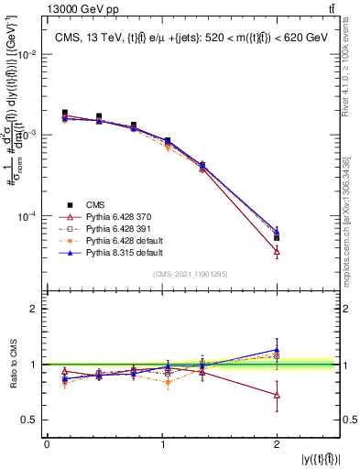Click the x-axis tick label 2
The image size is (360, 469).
[x=277, y=444]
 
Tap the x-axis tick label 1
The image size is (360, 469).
[x=162, y=444]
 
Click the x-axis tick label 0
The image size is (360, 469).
[x=47, y=444]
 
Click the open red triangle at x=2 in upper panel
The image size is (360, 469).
[x=277, y=250]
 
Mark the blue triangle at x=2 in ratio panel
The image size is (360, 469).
[x=277, y=349]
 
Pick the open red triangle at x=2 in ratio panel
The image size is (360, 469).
[x=277, y=395]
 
